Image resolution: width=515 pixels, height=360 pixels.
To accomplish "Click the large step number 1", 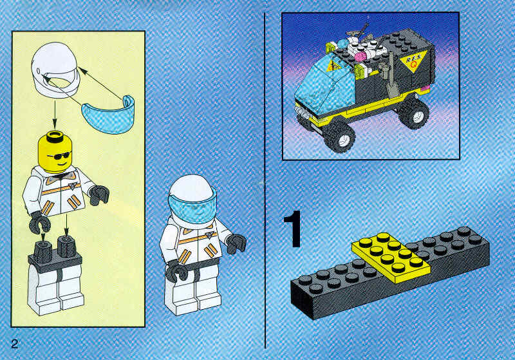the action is coord(293,229).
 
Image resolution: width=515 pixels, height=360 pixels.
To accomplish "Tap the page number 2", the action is coord(15,343).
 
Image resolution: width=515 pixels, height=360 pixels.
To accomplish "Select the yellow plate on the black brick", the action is coord(391,256).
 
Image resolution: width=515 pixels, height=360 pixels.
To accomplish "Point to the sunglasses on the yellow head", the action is coord(59,156).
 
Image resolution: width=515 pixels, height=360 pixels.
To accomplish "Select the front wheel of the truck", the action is coord(341,137).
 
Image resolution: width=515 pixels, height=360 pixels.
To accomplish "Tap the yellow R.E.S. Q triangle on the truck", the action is coord(413,61).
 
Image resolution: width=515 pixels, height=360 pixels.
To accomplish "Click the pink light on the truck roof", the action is coord(361,56).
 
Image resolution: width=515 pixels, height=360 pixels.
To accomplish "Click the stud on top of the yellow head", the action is coord(55,136).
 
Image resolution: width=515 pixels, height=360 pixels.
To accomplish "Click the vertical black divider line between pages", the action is coord(265,180).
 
